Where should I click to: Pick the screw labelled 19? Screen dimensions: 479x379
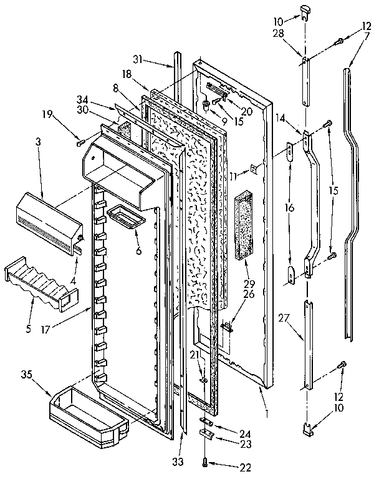pyautogui.click(x=79, y=142)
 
